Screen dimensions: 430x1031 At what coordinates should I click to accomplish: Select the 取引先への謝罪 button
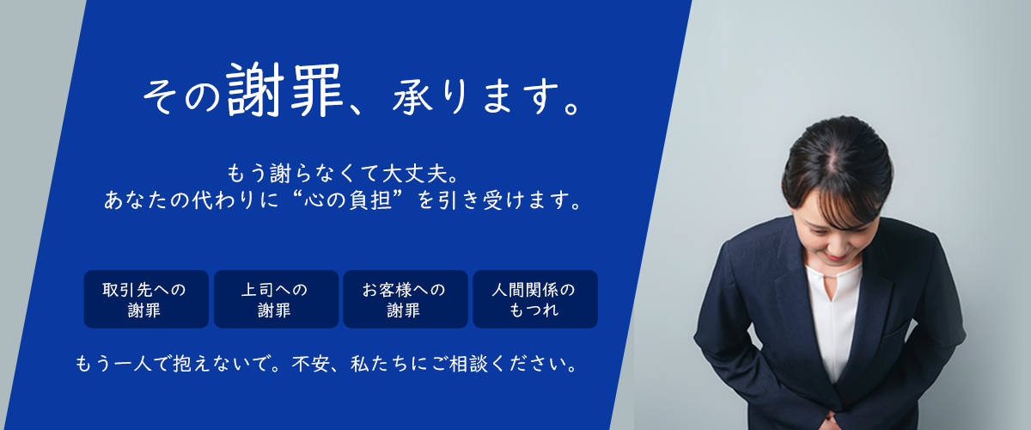point(145,299)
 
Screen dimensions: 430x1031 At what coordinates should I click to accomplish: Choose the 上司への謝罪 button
point(275,299)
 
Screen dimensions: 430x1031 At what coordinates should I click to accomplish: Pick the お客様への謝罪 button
point(405,299)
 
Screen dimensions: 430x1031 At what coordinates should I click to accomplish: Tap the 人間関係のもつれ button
point(534,299)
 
